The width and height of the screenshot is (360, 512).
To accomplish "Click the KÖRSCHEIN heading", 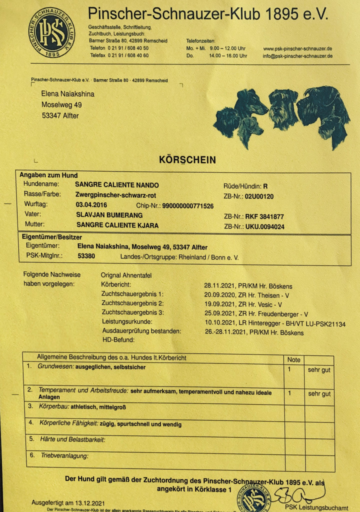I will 187,160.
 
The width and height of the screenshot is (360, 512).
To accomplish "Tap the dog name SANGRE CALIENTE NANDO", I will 117,185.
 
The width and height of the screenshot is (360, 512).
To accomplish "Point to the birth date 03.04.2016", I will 91,205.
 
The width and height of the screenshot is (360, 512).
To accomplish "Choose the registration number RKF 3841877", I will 264,217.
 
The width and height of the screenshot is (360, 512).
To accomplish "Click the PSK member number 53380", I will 86,256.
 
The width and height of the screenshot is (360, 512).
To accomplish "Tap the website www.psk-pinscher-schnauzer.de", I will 297,48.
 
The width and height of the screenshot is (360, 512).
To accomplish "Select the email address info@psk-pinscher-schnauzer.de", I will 297,56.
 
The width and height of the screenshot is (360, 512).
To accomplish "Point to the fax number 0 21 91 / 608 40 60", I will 128,55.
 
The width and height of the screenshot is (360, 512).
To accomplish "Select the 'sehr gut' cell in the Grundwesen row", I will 319,369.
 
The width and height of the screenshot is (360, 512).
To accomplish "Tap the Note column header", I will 294,359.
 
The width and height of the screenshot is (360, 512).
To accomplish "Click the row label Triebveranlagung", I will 63,455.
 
